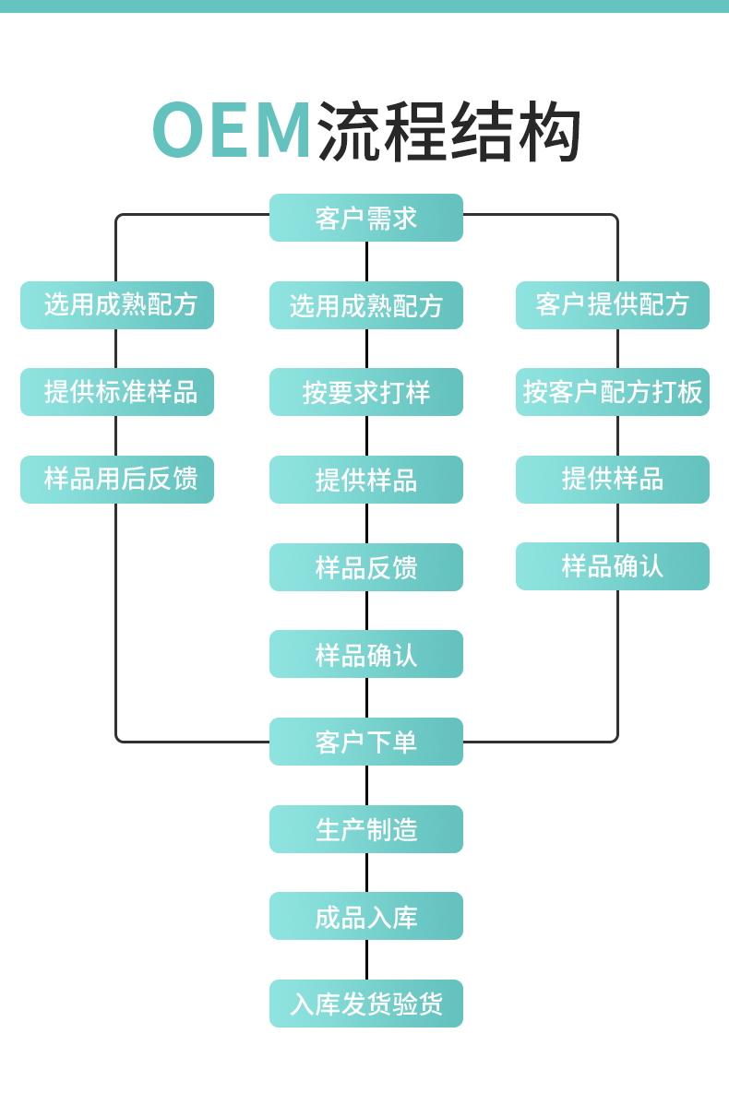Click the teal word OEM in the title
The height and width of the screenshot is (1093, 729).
(x=232, y=131)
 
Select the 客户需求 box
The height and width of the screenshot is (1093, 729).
(x=365, y=218)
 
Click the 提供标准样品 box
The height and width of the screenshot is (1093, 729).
(x=117, y=392)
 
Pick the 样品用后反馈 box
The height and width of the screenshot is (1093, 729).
(x=117, y=480)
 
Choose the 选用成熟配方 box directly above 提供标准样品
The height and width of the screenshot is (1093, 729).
(x=117, y=305)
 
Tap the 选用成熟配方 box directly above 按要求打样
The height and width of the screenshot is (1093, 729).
(x=365, y=305)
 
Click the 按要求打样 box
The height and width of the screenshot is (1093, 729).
(x=365, y=392)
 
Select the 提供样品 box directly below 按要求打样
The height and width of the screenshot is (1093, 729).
(x=365, y=480)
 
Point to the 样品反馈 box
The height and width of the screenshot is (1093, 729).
(x=365, y=567)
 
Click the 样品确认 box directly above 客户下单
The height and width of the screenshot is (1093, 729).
(x=365, y=654)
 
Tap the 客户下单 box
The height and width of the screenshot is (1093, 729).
(x=365, y=742)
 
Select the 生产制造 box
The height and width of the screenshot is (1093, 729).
(x=365, y=829)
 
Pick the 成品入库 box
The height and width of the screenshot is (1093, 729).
(x=365, y=916)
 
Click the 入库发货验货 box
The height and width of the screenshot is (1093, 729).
(x=365, y=1004)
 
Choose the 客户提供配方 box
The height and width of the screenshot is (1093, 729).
(x=612, y=305)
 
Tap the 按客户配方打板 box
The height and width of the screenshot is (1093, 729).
(x=612, y=392)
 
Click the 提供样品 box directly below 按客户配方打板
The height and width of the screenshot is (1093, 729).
(x=612, y=480)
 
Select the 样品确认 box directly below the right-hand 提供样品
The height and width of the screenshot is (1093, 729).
(x=612, y=566)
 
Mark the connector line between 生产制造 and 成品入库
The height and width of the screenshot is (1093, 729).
(x=366, y=873)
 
